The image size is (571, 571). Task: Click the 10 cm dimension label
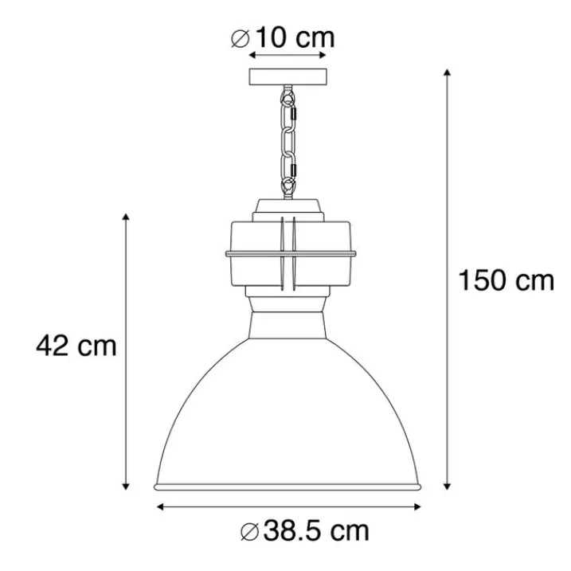[295, 38]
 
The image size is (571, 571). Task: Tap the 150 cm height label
[506, 280]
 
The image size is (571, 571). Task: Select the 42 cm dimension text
[76, 346]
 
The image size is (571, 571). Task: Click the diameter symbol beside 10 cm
[241, 38]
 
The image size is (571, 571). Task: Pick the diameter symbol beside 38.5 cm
[249, 532]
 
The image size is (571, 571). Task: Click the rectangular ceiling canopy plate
[288, 76]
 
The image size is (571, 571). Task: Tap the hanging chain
[288, 142]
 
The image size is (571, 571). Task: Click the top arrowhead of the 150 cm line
[448, 72]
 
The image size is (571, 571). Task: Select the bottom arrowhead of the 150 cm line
[448, 486]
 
